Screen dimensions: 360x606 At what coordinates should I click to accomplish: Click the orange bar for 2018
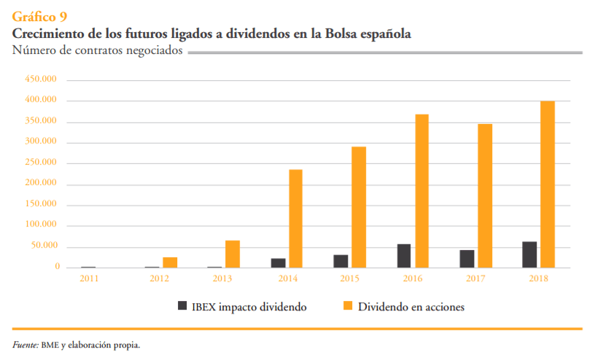(x=547, y=184)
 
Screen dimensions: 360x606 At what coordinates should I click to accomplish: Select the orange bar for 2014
(x=295, y=219)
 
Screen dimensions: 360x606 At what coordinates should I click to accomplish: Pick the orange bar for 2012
(x=170, y=262)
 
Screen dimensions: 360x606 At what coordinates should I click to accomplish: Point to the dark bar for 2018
(x=529, y=254)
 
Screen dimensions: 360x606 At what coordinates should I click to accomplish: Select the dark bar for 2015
(x=341, y=261)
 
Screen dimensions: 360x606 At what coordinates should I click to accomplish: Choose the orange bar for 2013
(x=233, y=254)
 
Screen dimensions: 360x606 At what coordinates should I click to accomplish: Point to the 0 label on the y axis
(x=57, y=267)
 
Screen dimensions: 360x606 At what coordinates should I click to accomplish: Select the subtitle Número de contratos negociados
(x=97, y=50)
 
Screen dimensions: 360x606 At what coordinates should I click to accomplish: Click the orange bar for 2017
(x=484, y=195)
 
